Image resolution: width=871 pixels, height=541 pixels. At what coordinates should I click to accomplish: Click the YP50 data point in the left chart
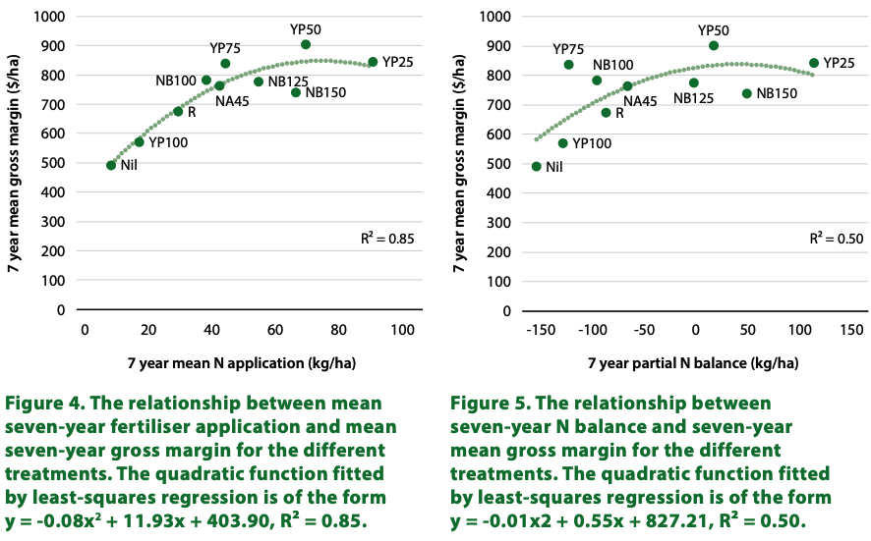click(x=306, y=45)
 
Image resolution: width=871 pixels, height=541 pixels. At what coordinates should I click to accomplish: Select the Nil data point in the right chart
click(x=537, y=167)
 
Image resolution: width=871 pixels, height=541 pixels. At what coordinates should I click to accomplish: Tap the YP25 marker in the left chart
click(x=373, y=62)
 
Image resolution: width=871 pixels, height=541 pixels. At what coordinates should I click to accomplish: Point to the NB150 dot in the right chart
click(x=747, y=93)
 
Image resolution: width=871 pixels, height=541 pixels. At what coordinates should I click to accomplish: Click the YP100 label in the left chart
click(x=168, y=143)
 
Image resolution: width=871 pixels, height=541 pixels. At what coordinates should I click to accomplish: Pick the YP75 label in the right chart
click(x=568, y=48)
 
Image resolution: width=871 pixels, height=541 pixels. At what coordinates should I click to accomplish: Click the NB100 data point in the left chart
click(x=206, y=81)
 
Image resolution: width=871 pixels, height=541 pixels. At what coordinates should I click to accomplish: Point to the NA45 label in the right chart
click(x=640, y=100)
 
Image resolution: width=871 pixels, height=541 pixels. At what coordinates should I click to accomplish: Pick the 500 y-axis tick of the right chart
click(x=498, y=163)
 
